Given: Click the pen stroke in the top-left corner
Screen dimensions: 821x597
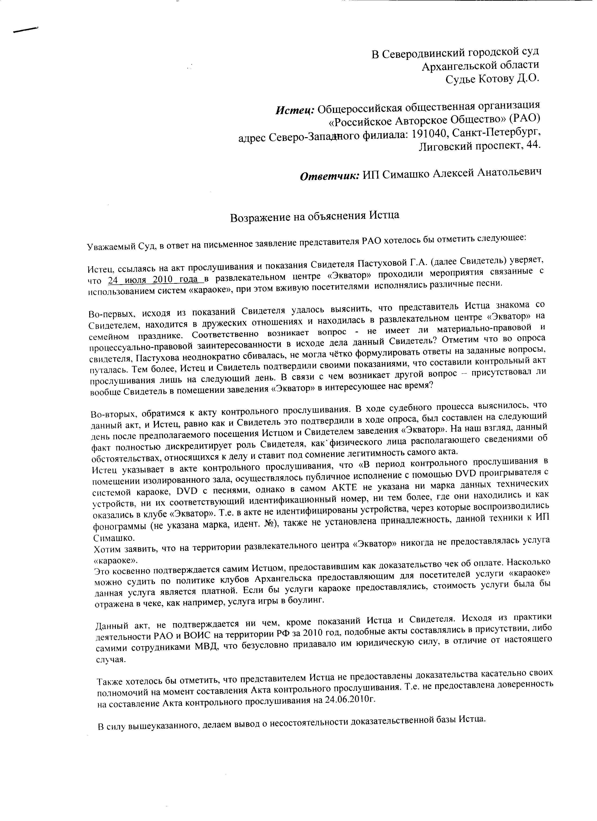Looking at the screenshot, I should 25,30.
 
